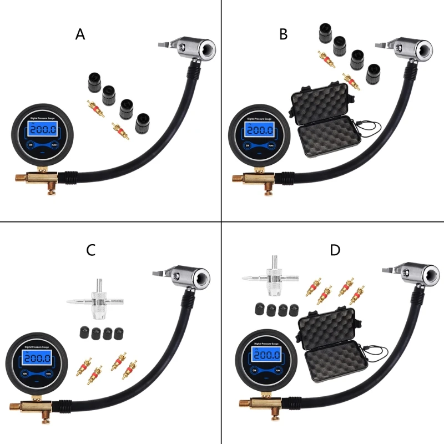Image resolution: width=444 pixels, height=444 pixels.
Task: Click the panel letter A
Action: (80, 34)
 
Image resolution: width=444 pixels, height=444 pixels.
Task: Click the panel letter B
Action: (283, 34)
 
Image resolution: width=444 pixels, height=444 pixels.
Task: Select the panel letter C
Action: (90, 250)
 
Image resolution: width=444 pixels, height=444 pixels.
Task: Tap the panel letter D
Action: (335, 250)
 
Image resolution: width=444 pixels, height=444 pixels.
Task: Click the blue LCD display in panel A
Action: (43, 130)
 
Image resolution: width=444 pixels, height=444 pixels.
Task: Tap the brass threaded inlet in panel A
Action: (21, 178)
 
